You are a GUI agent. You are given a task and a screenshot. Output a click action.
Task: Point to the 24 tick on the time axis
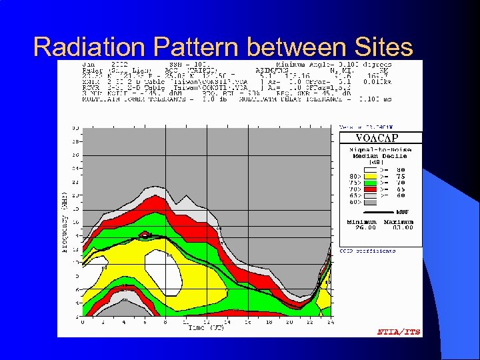(330, 322)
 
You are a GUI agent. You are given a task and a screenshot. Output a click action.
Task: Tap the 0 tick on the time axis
(83, 322)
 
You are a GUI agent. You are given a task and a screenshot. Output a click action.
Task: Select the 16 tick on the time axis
(247, 322)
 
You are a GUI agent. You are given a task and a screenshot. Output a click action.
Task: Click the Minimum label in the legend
(361, 222)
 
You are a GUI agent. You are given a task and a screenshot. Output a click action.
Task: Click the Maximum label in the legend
(399, 222)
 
